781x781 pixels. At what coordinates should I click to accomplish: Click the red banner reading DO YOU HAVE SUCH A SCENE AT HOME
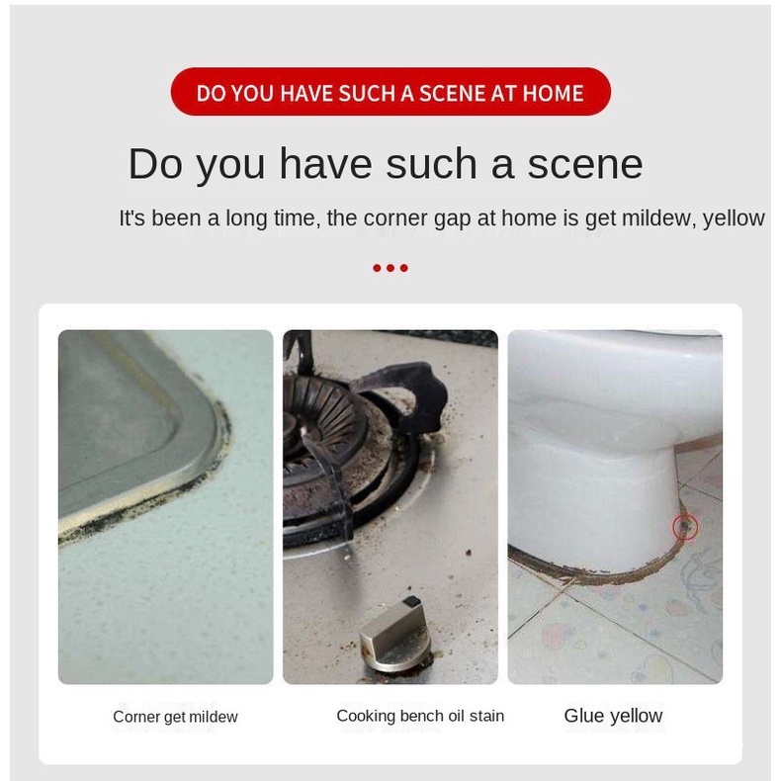(x=390, y=92)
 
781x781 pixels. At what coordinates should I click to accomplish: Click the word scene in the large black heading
(x=584, y=164)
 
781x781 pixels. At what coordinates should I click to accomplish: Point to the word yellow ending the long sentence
(x=734, y=218)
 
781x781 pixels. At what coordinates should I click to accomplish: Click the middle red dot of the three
(x=390, y=268)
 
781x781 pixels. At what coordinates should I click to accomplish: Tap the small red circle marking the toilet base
(x=685, y=527)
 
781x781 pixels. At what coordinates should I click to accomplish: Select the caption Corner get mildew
(x=175, y=717)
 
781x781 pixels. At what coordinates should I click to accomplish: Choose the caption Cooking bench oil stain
(x=420, y=716)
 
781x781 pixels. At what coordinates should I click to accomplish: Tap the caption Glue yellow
(x=613, y=716)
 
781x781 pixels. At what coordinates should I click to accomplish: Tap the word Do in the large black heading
(x=155, y=164)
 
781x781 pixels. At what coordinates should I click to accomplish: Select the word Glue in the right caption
(x=583, y=715)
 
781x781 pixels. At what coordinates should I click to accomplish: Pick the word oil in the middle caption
(x=457, y=716)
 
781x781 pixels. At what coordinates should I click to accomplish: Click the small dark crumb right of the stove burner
(x=469, y=552)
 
